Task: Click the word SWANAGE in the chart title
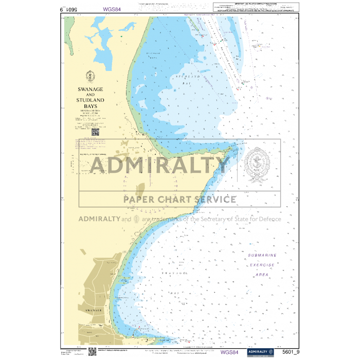pyautogui.click(x=91, y=89)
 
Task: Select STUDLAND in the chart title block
pyautogui.click(x=91, y=100)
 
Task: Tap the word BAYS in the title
pyautogui.click(x=91, y=106)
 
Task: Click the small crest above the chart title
pyautogui.click(x=91, y=77)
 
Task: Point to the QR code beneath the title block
pyautogui.click(x=95, y=132)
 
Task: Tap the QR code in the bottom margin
pyautogui.click(x=93, y=352)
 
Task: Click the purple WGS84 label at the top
pyautogui.click(x=112, y=9)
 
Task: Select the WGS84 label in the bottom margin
pyautogui.click(x=229, y=352)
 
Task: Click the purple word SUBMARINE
pyautogui.click(x=262, y=255)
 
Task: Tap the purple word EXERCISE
pyautogui.click(x=262, y=265)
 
